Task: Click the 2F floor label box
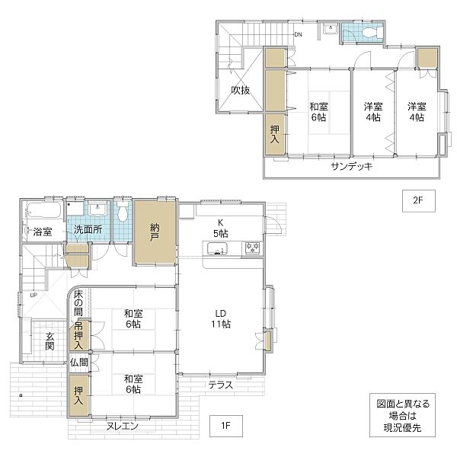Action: tap(419, 201)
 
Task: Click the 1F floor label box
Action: tap(226, 426)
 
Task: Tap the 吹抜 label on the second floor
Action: tap(241, 91)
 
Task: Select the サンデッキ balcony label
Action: tap(352, 166)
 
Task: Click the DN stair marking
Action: tap(298, 34)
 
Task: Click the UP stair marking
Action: tap(34, 295)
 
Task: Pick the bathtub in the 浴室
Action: tap(43, 210)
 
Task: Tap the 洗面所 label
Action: tap(88, 229)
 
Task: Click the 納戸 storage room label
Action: tap(155, 232)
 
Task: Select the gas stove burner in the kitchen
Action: tap(252, 248)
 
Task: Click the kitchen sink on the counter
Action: tap(217, 249)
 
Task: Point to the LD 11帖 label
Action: tap(221, 319)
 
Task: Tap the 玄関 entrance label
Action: tap(50, 341)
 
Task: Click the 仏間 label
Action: tap(78, 363)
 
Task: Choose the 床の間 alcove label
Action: tap(78, 303)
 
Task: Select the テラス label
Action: tap(221, 385)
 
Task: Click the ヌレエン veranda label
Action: tap(122, 426)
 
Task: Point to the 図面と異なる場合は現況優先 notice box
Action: tap(402, 415)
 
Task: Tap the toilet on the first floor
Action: tap(123, 214)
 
